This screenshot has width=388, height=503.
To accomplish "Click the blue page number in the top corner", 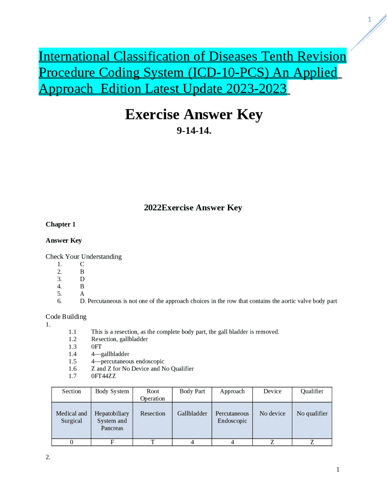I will (x=369, y=19).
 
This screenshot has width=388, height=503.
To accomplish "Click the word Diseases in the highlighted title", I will (x=233, y=56).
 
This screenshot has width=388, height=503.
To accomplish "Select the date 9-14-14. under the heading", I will (x=194, y=131).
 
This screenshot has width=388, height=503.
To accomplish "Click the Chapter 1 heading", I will (x=61, y=224).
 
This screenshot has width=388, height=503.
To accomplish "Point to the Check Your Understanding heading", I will (x=84, y=257).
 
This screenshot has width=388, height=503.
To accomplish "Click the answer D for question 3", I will (x=82, y=279).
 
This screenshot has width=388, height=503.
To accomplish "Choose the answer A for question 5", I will (x=82, y=294).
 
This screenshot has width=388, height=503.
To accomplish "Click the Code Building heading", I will (x=66, y=317).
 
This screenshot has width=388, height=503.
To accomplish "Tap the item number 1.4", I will (x=72, y=354).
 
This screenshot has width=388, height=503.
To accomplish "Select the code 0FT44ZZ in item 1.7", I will (x=103, y=376).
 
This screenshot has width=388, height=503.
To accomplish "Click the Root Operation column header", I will (x=152, y=395).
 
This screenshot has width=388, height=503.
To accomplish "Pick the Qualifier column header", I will (x=312, y=391).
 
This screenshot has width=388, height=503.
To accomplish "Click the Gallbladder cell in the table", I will (x=192, y=413).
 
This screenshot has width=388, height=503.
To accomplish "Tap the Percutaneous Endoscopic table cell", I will (x=232, y=417).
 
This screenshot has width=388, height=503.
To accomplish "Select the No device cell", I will (x=272, y=413).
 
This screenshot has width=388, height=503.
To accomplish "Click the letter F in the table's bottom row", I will (x=112, y=442).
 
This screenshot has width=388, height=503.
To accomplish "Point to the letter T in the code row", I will (x=152, y=442).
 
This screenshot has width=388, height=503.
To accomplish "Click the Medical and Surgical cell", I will (x=72, y=417).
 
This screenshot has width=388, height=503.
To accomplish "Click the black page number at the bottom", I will (x=338, y=470).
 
